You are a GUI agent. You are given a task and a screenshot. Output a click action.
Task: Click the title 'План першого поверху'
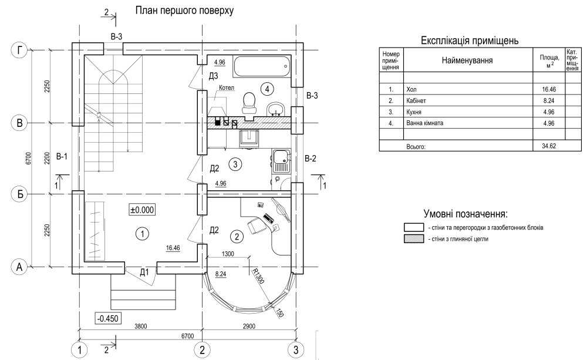point(184,11)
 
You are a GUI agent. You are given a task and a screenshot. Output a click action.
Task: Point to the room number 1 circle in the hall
point(141,234)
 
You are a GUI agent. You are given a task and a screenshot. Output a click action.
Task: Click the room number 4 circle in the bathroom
point(267,89)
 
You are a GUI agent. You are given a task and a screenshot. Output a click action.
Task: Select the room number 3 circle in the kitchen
point(234,164)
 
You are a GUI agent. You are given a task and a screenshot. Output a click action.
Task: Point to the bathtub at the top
point(261,66)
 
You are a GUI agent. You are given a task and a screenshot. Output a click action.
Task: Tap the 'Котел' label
point(226,88)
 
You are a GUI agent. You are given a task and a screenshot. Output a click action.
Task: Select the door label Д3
point(214,76)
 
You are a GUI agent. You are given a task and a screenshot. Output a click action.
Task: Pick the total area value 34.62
point(548,145)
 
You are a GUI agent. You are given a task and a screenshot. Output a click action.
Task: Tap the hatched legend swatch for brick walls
point(414,239)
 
